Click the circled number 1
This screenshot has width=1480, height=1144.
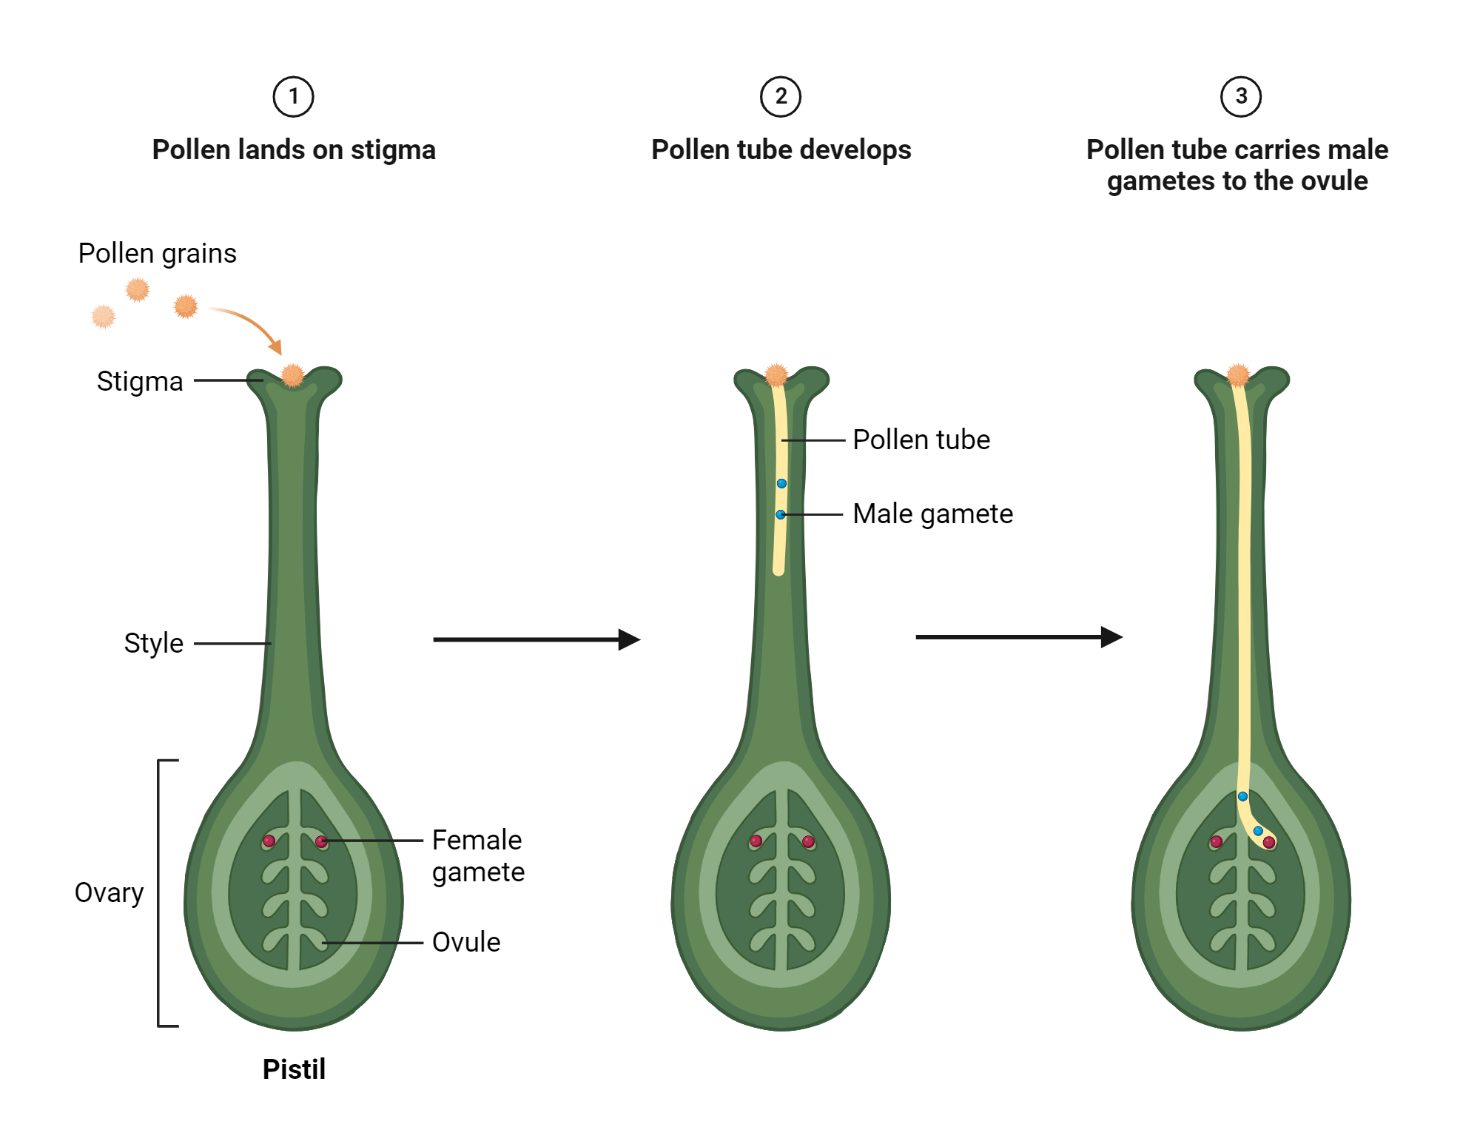[294, 97]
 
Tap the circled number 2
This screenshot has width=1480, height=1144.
[781, 97]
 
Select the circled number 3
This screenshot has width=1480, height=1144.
[1241, 97]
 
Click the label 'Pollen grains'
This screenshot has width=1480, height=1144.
[157, 254]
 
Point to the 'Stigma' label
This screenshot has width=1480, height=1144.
[140, 382]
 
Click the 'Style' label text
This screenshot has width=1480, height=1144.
[153, 643]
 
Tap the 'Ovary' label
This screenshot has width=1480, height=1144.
[109, 893]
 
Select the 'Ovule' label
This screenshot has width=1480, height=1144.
[466, 943]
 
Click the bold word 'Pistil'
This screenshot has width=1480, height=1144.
[294, 1069]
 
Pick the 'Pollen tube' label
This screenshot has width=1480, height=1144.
[921, 440]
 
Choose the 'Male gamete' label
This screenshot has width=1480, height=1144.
[932, 514]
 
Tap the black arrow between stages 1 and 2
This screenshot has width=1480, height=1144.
[536, 639]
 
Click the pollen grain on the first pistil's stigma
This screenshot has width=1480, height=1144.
[293, 375]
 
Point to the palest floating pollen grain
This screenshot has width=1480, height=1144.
[104, 317]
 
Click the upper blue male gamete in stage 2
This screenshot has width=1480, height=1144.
[781, 483]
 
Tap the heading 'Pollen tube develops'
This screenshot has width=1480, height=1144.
[781, 150]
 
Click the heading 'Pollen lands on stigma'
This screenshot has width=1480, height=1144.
[294, 150]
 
